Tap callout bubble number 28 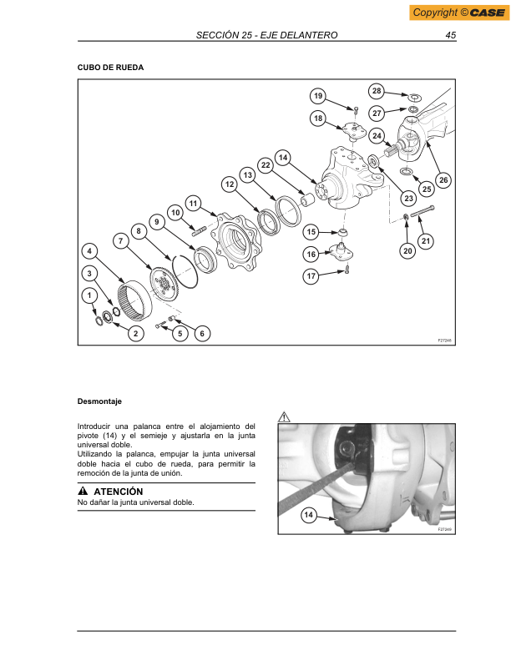[377, 90]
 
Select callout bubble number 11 [193, 203]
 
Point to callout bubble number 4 [89, 250]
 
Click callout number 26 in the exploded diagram [443, 179]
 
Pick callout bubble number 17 [311, 275]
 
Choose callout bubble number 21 [426, 241]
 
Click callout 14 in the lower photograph [309, 517]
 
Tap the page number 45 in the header [450, 35]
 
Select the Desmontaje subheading [99, 402]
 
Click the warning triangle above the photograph [284, 415]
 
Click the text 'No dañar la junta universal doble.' [135, 503]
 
